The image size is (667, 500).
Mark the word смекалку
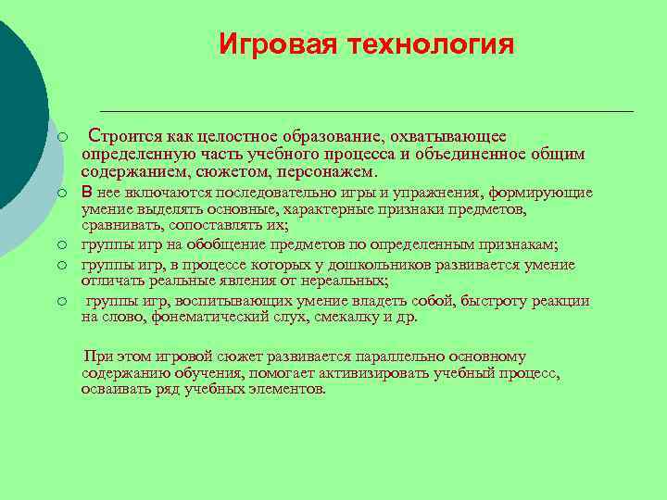point(343,317)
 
